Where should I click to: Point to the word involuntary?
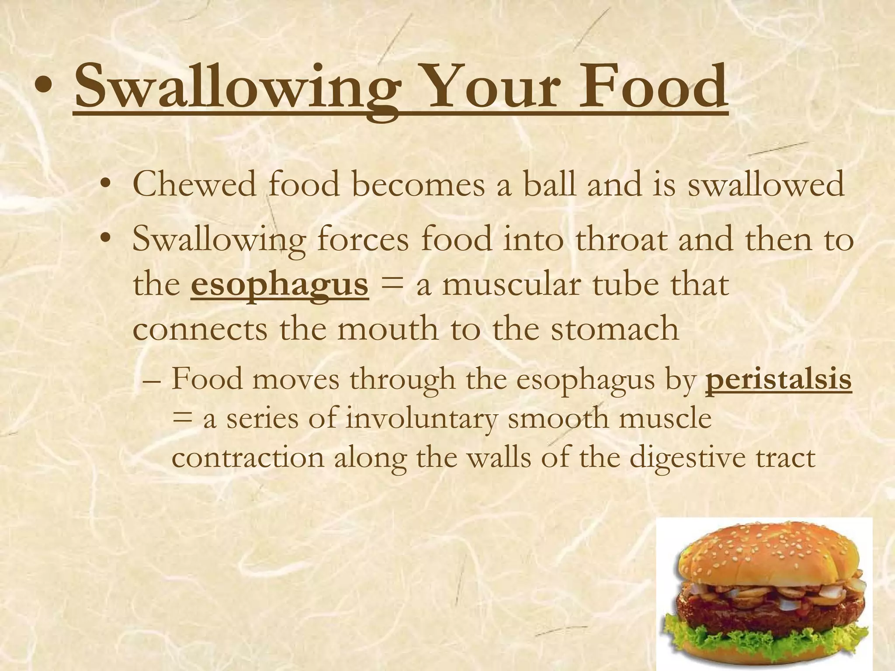pos(421,419)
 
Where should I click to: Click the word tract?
pos(786,458)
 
